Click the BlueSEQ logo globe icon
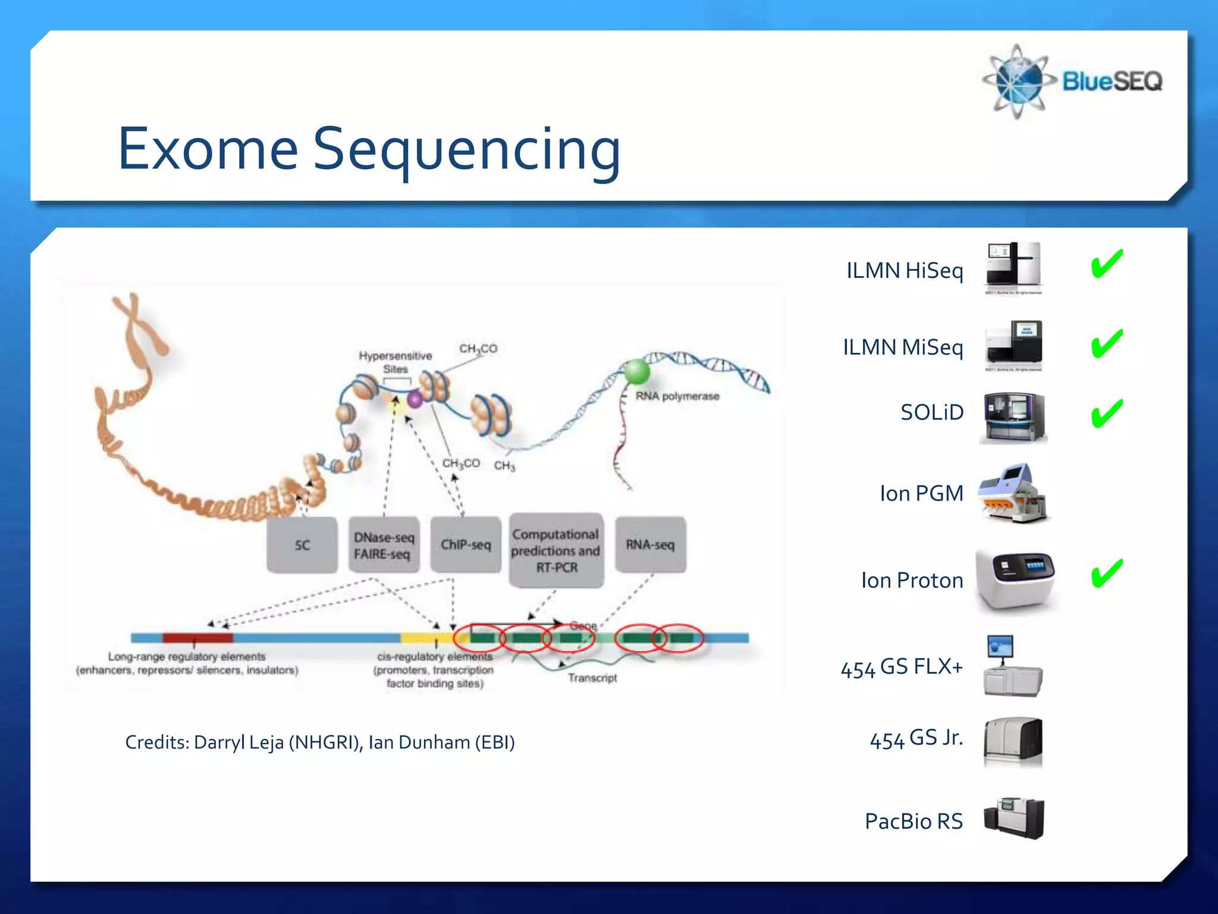[1018, 82]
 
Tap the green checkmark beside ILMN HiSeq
[1107, 264]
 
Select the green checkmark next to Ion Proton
[1107, 574]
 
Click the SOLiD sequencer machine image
[1013, 418]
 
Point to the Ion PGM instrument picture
[1013, 493]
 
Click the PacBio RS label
[913, 821]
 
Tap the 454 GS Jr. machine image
[1013, 741]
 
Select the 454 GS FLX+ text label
[902, 668]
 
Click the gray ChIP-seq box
[466, 545]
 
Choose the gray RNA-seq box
[650, 545]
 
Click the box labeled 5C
[302, 545]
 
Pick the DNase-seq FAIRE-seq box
[384, 545]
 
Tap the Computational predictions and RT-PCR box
[556, 551]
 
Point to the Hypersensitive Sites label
[395, 362]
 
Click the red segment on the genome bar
[197, 638]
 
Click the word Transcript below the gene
[592, 678]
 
